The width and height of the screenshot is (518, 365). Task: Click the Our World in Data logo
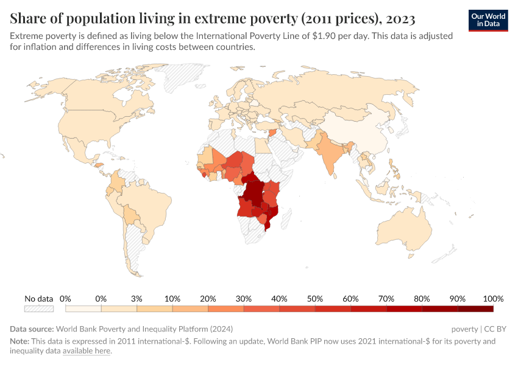coord(488,19)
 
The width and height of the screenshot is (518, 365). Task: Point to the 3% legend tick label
coord(137,299)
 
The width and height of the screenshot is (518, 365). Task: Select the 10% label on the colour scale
coord(172,299)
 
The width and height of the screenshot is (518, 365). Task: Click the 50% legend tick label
coord(315,299)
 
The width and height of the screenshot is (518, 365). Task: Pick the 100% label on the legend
coord(493,299)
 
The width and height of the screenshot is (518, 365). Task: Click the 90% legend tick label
coord(458,299)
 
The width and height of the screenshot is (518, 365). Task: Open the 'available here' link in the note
coord(86,351)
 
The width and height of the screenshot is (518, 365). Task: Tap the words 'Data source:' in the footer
coord(32,328)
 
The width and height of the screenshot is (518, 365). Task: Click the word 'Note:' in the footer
coord(21,341)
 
